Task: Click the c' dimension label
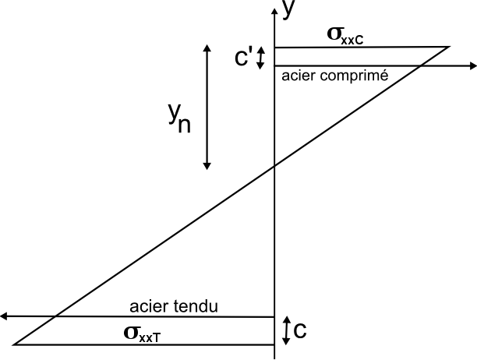[x=244, y=58]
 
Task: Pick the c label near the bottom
[x=300, y=330]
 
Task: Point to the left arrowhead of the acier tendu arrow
[x=5, y=316]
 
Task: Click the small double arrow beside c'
[x=262, y=56]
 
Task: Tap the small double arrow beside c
[x=286, y=330]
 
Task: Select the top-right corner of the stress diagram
[x=450, y=47]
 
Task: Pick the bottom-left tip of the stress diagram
[x=15, y=344]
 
